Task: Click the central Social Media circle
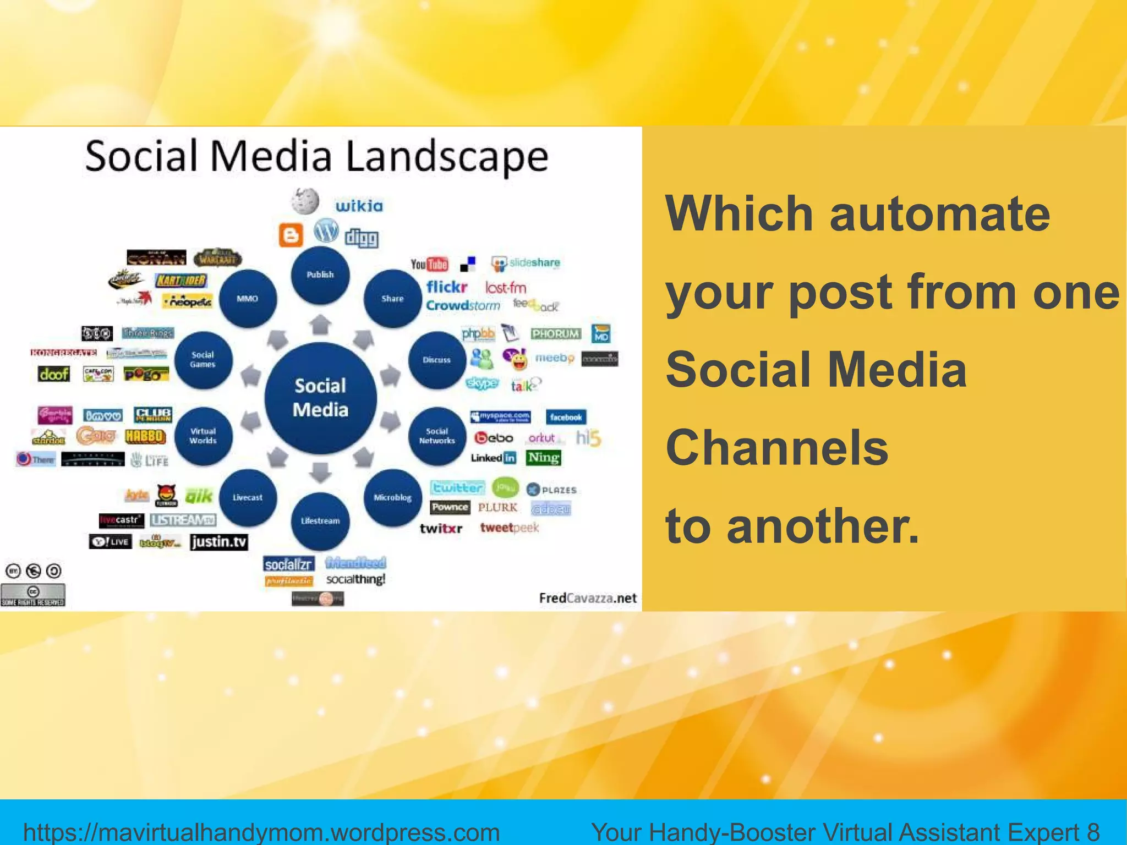click(320, 398)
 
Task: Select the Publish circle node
click(320, 275)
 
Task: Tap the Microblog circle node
click(392, 497)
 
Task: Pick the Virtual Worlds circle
click(203, 436)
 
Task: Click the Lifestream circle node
click(320, 520)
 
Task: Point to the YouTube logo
click(429, 265)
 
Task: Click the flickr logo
click(446, 287)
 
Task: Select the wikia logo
click(359, 206)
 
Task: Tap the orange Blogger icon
click(291, 235)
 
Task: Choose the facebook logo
click(566, 417)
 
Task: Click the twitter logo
click(457, 487)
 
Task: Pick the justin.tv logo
click(219, 542)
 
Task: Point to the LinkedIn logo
click(493, 458)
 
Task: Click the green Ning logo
click(543, 458)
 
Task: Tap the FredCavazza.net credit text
click(588, 598)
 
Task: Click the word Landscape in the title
click(447, 157)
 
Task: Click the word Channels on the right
click(777, 448)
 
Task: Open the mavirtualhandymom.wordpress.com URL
click(261, 831)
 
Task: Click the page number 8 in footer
click(1093, 831)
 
